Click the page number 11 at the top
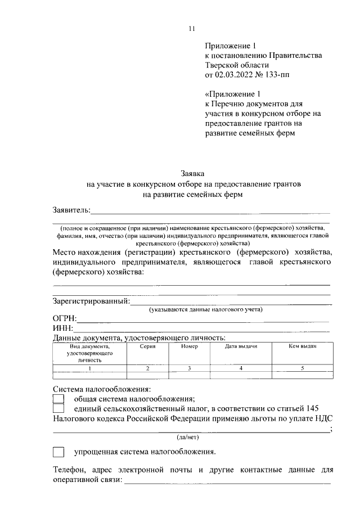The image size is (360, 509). tap(191, 29)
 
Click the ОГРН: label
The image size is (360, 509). tap(65, 319)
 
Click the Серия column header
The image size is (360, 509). tap(147, 346)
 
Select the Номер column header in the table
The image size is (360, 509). tap(190, 346)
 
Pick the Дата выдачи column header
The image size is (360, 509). tap(241, 346)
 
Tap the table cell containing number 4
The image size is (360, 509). tap(241, 368)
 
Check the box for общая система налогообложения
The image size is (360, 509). tap(58, 398)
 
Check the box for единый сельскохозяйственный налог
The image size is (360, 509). tap(58, 408)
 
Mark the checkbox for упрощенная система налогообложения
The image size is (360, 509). tap(58, 452)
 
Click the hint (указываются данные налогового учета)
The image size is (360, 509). tap(206, 310)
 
